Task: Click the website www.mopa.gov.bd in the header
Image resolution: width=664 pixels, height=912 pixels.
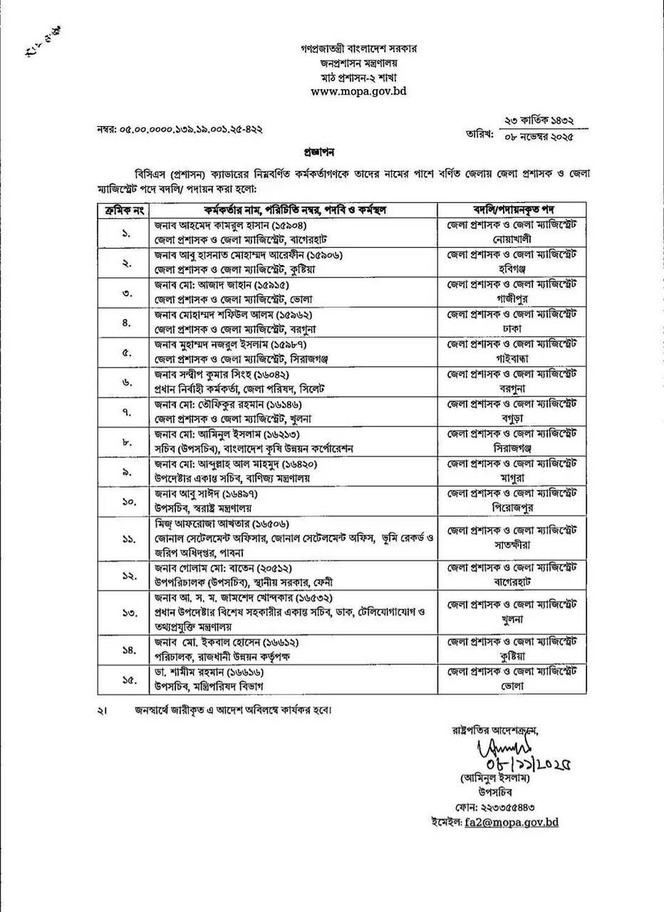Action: point(358,92)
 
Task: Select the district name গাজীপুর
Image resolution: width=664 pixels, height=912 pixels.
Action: point(512,296)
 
